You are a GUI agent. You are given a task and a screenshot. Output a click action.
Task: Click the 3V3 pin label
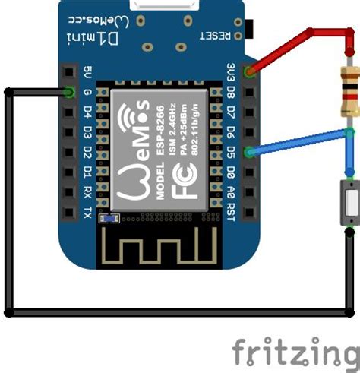pyautogui.click(x=231, y=74)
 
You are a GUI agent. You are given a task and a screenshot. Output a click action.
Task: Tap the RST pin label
pyautogui.click(x=231, y=209)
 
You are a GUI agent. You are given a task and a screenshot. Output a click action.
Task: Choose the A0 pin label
pyautogui.click(x=231, y=189)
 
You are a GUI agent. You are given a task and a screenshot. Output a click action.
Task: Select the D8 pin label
pyautogui.click(x=231, y=93)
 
